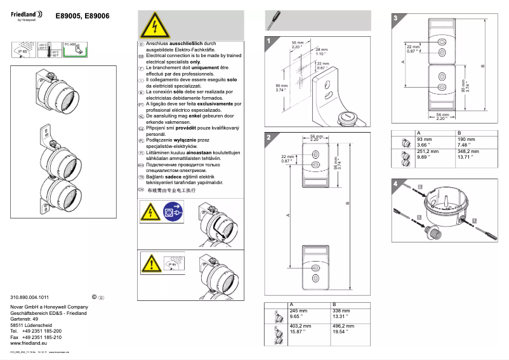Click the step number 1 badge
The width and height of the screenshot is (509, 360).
pos(270,43)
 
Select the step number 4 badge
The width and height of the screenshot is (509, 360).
pos(396,184)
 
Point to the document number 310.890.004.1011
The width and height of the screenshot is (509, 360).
pos(30,297)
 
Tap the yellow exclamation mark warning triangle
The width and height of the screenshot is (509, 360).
pos(151,262)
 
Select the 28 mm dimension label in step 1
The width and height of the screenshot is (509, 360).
pos(321,51)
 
